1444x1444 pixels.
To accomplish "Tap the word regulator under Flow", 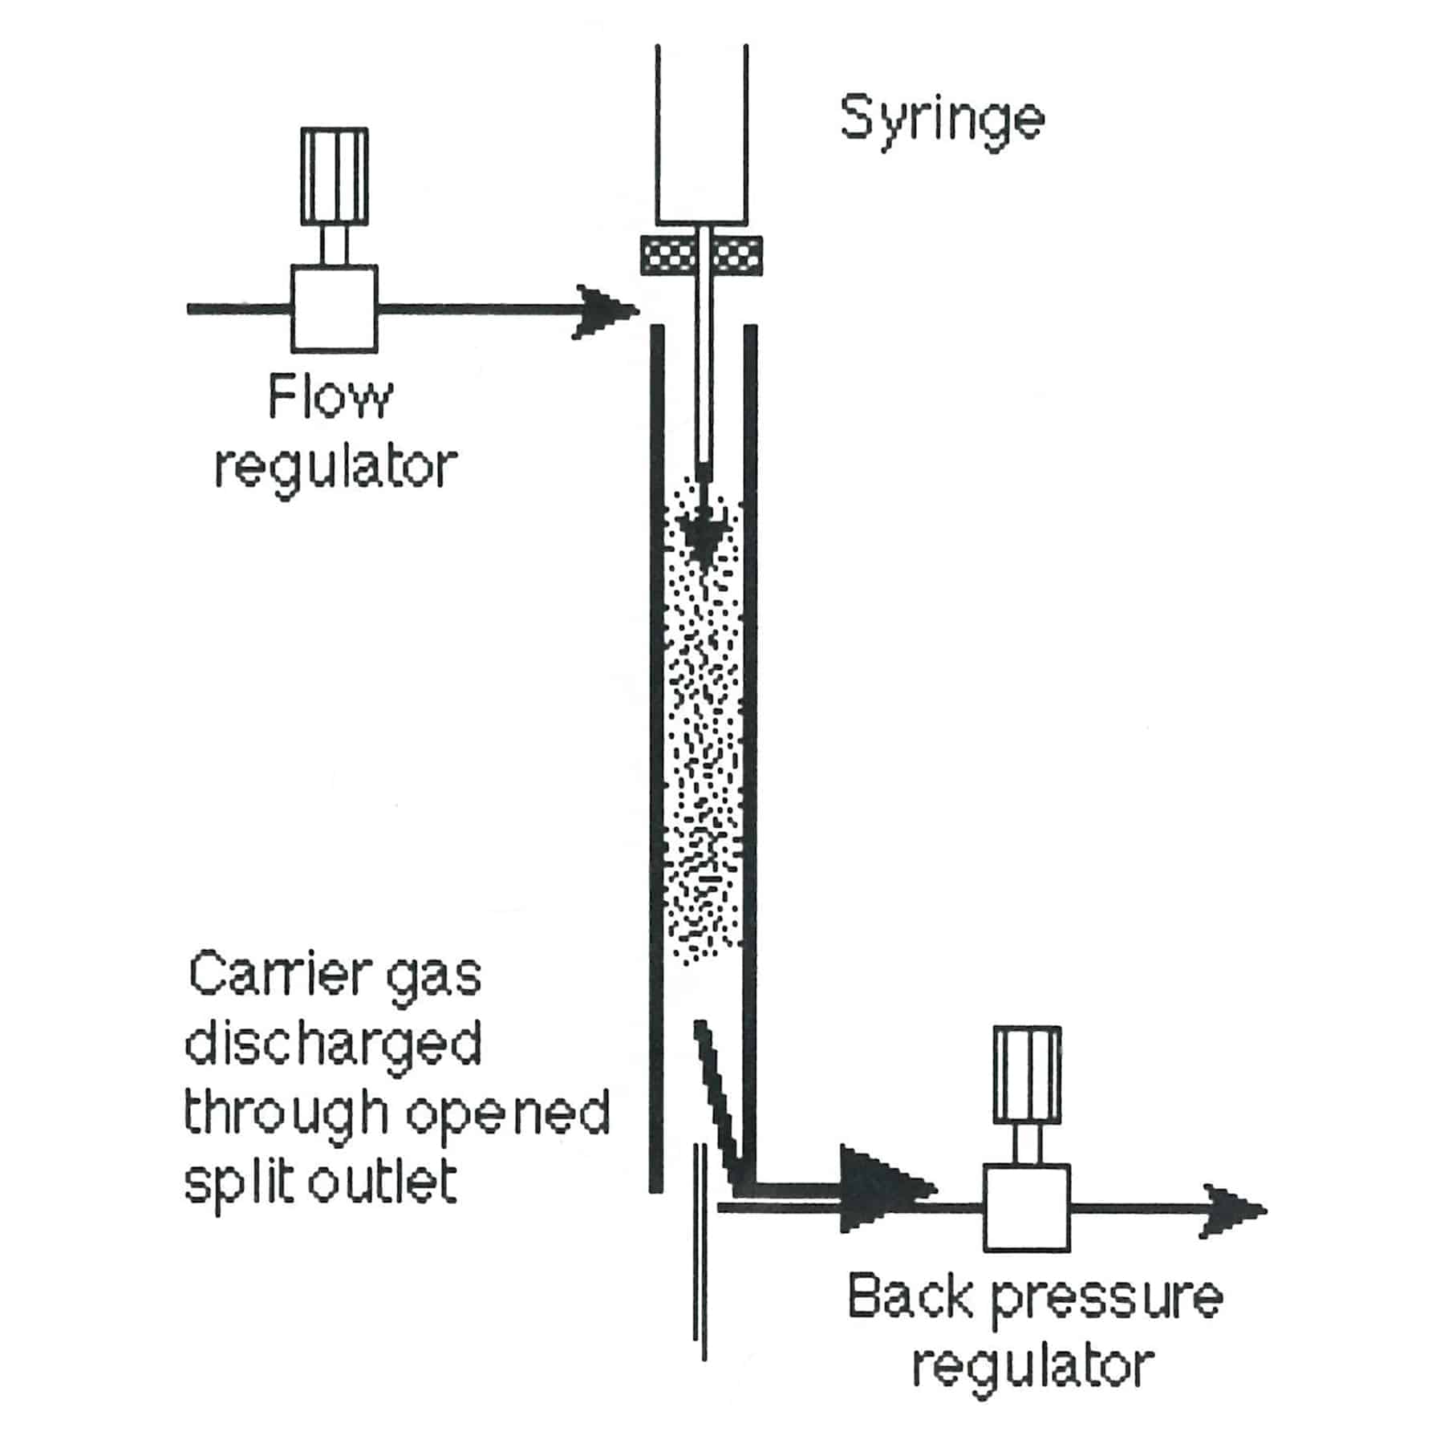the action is click(335, 468).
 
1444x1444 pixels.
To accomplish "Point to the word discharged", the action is click(333, 1044).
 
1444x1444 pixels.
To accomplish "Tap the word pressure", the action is click(1107, 1304).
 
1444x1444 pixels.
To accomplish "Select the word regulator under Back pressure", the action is click(1033, 1368).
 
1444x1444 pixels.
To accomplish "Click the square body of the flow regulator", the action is click(335, 309).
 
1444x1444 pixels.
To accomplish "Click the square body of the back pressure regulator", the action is click(1028, 1207).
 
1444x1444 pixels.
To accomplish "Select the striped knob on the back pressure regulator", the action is click(1028, 1075).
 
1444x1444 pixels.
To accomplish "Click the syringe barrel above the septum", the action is click(702, 135).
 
